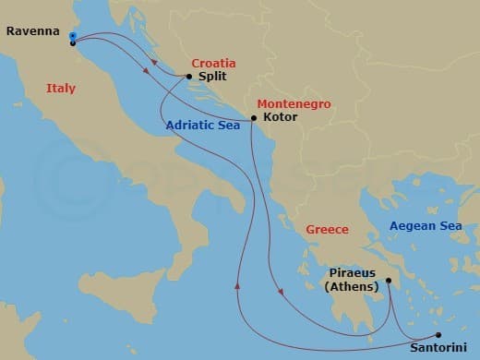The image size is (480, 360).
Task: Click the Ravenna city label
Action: [x=32, y=30]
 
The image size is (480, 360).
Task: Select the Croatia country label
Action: [x=213, y=65]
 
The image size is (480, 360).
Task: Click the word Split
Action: [x=212, y=78]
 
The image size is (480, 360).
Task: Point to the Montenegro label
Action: [x=294, y=104]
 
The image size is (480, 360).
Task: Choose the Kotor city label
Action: [x=280, y=119]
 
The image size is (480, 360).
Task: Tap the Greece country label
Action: [x=327, y=229]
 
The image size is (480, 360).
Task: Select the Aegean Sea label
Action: [x=425, y=226]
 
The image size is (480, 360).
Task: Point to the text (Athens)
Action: [x=352, y=287]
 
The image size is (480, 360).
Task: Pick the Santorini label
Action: [x=439, y=349]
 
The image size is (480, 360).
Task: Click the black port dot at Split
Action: [x=189, y=78]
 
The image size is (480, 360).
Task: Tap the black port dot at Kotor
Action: [x=254, y=118]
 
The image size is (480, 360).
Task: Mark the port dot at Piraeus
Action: [x=389, y=281]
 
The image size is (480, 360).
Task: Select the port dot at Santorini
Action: [x=438, y=335]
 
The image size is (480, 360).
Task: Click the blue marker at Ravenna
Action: [x=72, y=36]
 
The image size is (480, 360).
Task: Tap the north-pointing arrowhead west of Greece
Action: [x=238, y=285]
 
